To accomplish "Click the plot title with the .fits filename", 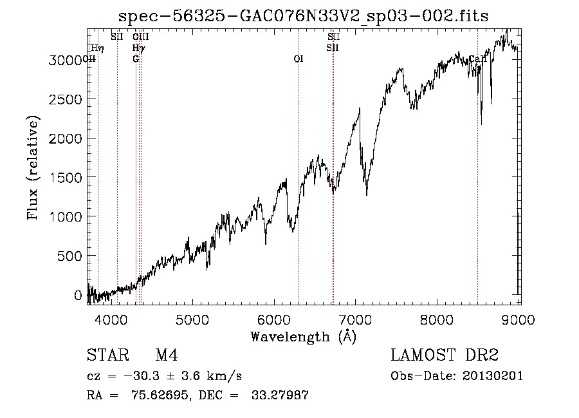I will (304, 16).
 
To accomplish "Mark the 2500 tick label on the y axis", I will (66, 99).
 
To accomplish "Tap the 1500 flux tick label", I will (66, 178).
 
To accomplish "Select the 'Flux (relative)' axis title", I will (33, 167).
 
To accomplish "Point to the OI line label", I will (299, 59).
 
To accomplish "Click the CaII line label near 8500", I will (477, 59).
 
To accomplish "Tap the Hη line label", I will (97, 48).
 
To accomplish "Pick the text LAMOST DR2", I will (445, 356).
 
